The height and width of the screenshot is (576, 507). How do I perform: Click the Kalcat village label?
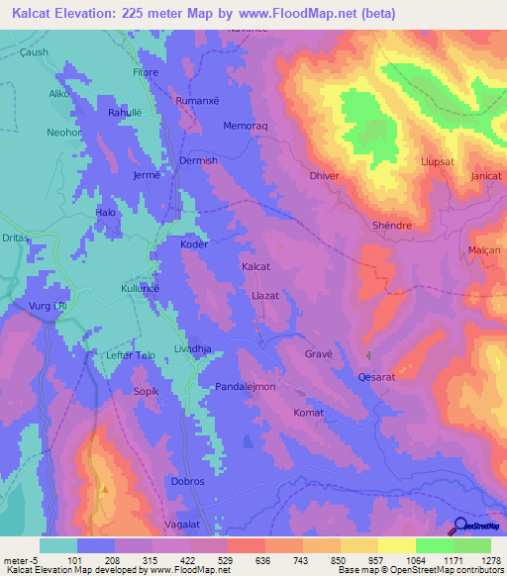[x=256, y=267]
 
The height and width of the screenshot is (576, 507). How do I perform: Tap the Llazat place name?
[x=267, y=296]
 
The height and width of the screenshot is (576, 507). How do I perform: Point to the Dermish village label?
[x=197, y=160]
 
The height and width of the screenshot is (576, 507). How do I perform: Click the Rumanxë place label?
[x=195, y=101]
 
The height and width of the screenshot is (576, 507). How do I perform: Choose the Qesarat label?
[x=376, y=377]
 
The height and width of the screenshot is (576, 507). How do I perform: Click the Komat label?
[x=309, y=413]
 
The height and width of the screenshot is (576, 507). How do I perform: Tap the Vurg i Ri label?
[x=47, y=307]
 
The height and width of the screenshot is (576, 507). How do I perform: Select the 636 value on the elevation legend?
[x=234, y=559]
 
